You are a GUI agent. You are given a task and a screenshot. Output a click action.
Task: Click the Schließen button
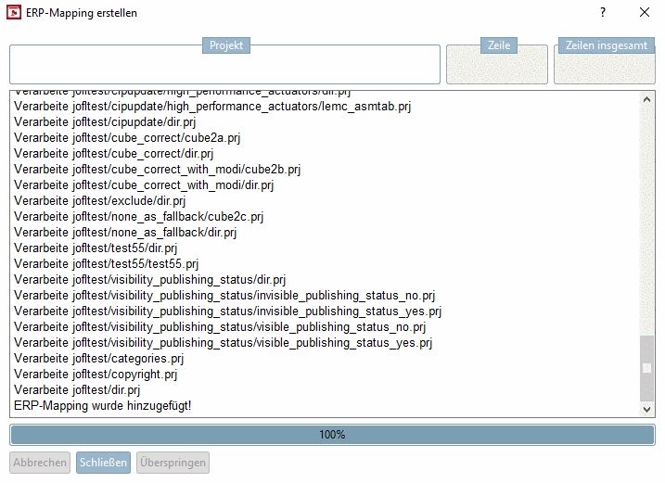tap(103, 463)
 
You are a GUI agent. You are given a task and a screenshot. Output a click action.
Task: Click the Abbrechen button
tap(40, 463)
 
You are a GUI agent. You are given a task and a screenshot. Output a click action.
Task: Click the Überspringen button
tap(173, 463)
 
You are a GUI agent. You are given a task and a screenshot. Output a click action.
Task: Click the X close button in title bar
tap(645, 12)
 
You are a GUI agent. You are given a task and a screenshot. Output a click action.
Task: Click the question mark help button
tap(603, 12)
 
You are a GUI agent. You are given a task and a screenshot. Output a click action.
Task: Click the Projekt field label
tap(225, 45)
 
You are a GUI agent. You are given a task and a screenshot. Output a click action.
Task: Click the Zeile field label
tap(499, 45)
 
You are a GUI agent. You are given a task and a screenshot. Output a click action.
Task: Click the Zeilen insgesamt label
tap(606, 45)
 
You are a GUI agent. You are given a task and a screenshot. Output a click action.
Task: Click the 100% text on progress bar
tap(332, 435)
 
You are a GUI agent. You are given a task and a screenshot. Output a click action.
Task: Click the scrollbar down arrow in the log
tap(647, 409)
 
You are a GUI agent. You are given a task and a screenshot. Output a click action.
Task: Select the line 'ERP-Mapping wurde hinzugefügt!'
tap(102, 406)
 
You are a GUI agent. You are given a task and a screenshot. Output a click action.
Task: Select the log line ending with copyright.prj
tap(96, 375)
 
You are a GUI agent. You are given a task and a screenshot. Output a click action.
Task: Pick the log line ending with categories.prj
tap(98, 359)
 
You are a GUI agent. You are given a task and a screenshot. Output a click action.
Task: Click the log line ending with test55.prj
tap(107, 263)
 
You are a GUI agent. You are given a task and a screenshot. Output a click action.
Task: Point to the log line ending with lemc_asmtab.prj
tap(212, 106)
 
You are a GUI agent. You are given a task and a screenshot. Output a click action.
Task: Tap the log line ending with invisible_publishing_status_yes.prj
tap(227, 311)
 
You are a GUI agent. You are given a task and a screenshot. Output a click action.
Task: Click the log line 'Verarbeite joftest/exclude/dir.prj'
tap(100, 200)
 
